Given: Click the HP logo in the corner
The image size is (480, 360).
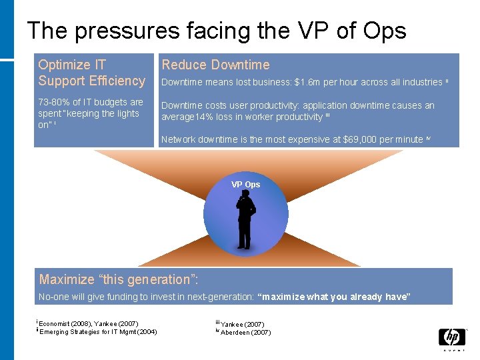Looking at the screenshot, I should [451, 338].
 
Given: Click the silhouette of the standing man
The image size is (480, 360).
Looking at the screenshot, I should [245, 219].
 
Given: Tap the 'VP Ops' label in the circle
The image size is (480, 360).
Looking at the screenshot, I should [245, 185].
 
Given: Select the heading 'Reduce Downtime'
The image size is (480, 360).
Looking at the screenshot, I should [215, 65].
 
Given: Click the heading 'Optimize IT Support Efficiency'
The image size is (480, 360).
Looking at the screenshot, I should [91, 73].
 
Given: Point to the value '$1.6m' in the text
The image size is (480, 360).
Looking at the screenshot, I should [308, 82].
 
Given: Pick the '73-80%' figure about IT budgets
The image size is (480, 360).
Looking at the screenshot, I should [55, 102].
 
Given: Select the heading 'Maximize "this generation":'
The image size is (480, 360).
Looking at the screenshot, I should [119, 279].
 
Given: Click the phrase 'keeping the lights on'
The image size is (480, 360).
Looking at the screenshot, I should [87, 119].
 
